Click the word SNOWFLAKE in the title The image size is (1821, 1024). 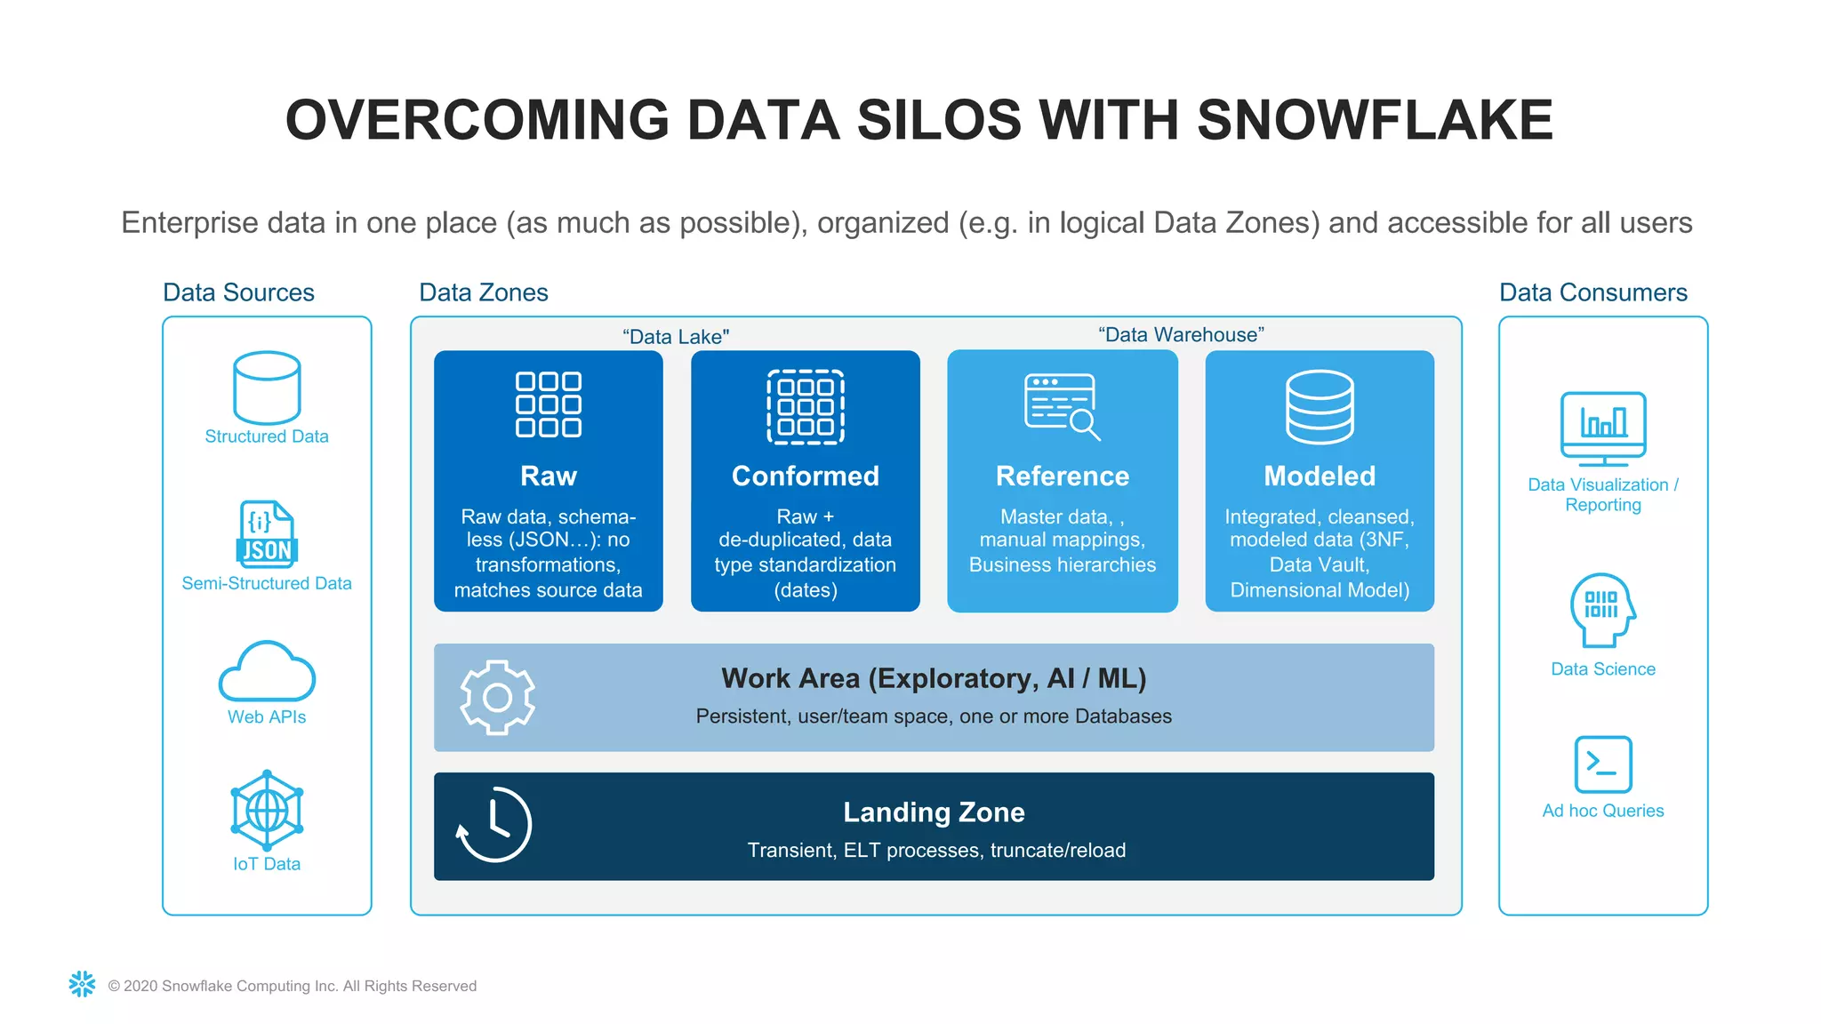[x=1374, y=120]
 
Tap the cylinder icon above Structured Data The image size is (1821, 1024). [x=267, y=388]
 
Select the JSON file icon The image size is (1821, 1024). [x=267, y=533]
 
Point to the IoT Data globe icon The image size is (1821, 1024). [x=267, y=810]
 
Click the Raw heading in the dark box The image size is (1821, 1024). [x=549, y=476]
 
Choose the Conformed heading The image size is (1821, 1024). [x=805, y=476]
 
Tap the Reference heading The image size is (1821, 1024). [x=1063, y=476]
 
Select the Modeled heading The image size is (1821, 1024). [x=1320, y=476]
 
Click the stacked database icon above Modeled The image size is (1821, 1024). [x=1320, y=407]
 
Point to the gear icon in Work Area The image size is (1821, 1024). [x=497, y=697]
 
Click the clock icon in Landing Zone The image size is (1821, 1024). [x=494, y=825]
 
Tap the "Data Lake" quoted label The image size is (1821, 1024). [x=676, y=337]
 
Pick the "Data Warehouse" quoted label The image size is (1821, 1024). [x=1181, y=335]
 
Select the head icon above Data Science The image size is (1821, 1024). [x=1603, y=610]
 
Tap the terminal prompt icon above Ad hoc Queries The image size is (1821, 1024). [x=1603, y=764]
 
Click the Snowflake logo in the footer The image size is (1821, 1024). [x=82, y=984]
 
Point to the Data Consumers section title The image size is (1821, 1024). [x=1592, y=292]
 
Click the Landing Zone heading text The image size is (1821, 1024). [x=934, y=812]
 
